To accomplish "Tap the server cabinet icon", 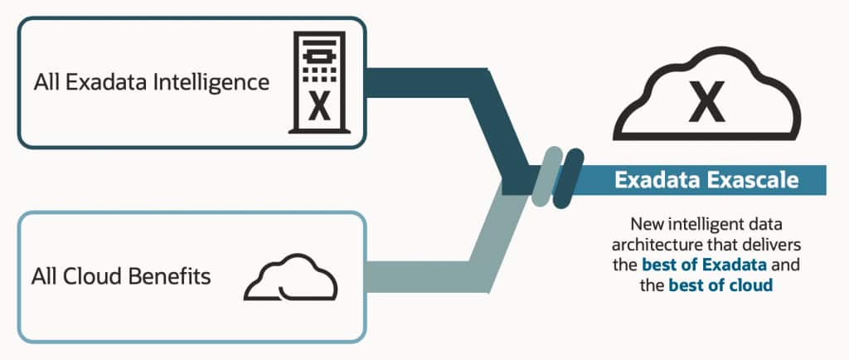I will (x=318, y=82).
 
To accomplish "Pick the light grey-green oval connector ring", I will (x=541, y=177).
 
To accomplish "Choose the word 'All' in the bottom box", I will (x=45, y=275).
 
